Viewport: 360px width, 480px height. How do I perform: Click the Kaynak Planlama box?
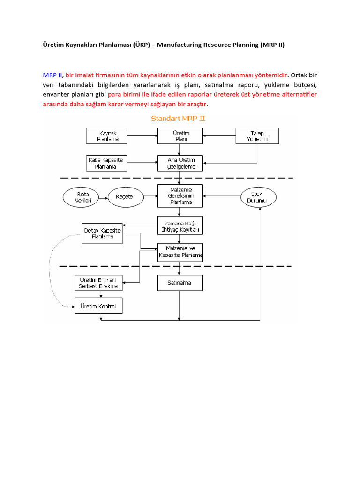[108, 136]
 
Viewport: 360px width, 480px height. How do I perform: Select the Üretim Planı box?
[180, 136]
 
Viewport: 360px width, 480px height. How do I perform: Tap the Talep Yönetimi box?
[257, 136]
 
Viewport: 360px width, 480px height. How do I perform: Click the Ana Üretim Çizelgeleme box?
[180, 163]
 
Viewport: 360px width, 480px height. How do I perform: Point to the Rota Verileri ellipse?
[82, 197]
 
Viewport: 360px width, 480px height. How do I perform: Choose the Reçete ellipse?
[124, 197]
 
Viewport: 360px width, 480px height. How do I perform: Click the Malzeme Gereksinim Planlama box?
[180, 196]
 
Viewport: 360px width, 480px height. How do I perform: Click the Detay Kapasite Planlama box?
[102, 233]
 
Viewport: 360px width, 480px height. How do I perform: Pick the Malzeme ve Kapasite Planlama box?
[180, 253]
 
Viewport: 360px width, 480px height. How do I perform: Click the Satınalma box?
[180, 283]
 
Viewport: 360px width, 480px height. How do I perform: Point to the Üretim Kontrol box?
[99, 306]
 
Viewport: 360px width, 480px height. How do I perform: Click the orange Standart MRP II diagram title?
[178, 119]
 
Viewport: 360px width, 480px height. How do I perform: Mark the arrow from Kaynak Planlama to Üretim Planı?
[142, 136]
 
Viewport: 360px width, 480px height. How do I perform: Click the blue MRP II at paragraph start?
[52, 75]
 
